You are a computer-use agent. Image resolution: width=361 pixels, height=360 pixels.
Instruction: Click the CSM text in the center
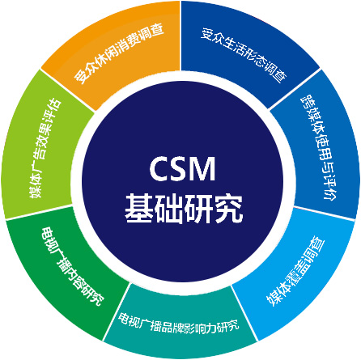182,169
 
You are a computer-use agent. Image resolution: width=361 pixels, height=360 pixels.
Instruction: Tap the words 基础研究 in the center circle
184,209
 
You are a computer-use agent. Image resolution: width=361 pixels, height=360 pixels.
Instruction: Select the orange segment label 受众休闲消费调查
119,53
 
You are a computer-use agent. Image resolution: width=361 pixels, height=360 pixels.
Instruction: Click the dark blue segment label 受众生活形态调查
244,54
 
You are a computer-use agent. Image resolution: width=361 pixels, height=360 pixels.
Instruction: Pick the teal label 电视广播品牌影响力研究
179,323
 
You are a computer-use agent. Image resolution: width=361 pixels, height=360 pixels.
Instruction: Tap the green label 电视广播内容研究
72,266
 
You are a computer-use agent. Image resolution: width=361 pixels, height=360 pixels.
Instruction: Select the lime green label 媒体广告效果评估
45,149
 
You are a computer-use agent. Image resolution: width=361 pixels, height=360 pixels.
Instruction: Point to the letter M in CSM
203,169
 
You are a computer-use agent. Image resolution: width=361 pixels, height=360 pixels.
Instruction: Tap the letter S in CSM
180,169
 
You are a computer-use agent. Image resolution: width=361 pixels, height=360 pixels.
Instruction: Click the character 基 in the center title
139,209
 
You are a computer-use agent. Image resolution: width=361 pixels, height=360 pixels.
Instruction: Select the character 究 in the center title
228,209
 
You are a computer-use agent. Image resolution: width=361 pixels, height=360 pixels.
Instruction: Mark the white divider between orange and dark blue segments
180,36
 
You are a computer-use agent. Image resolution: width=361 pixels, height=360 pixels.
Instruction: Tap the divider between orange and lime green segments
67,91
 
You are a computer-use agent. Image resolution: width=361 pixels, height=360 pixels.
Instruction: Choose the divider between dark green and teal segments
117,312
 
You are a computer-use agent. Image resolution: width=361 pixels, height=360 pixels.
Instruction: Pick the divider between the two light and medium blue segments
324,214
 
